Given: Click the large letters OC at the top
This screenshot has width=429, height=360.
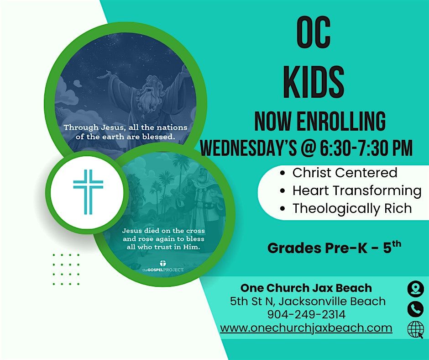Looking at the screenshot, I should point(313,34).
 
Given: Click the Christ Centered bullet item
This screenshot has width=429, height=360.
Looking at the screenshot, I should point(345,173).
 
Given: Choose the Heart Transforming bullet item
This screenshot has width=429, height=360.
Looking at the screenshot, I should point(356,191).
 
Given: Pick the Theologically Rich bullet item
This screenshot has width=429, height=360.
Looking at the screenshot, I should point(352,208).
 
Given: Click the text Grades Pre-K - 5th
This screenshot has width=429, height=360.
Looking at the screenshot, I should point(334,248).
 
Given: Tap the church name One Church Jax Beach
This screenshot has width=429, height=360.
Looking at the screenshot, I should point(306,288).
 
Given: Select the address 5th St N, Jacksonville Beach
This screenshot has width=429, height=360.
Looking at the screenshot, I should point(308,302).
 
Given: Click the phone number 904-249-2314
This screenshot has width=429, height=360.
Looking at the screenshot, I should point(306,315).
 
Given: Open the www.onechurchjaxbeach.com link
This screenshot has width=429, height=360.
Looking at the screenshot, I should point(306,328).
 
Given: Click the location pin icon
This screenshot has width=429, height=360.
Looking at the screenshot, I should point(415,289).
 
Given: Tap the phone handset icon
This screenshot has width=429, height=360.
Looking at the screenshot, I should point(415,309).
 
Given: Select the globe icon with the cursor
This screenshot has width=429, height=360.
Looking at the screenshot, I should point(415,329).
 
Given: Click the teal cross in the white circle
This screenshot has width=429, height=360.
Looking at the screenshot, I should point(88,192).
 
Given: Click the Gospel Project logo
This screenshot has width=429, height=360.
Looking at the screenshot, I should point(163,267).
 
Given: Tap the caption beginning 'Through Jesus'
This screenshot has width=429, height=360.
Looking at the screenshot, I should point(126,132).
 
